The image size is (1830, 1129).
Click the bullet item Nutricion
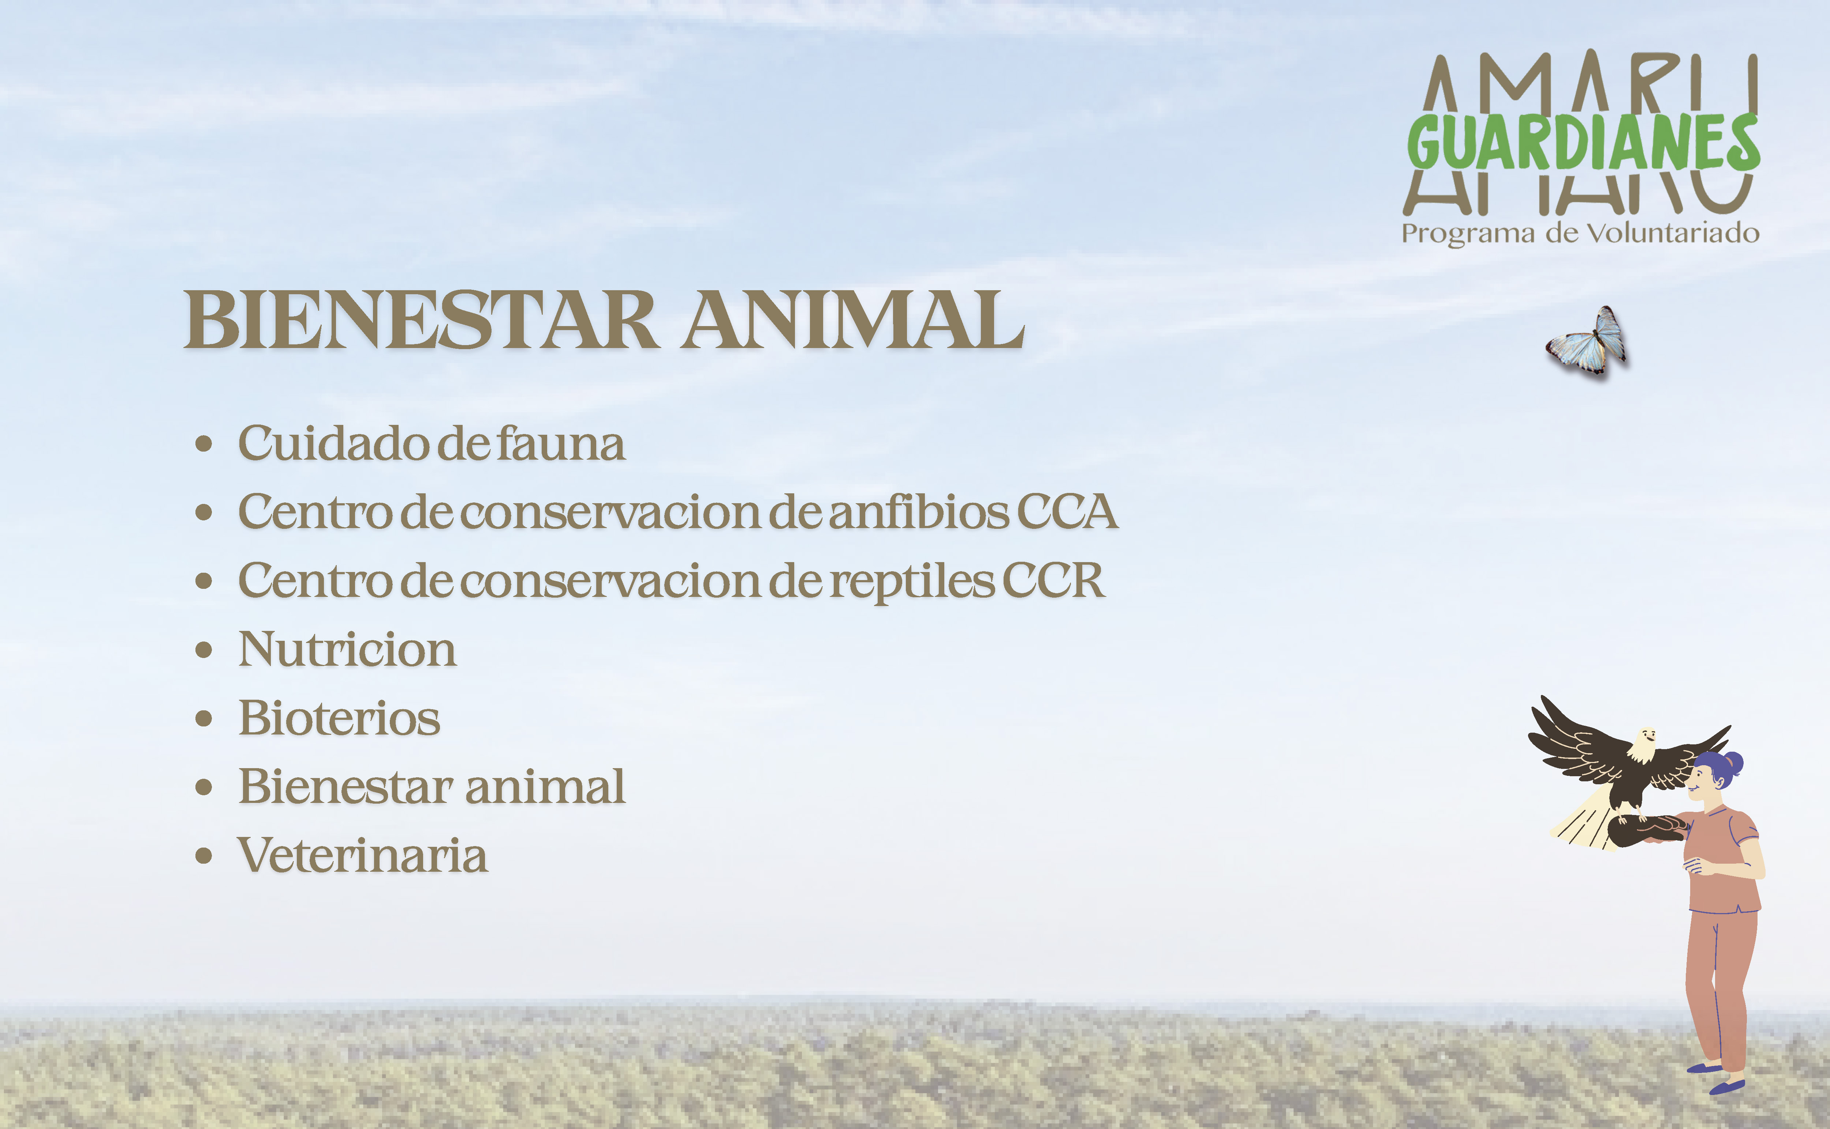click(x=347, y=649)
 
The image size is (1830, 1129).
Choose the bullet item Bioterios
click(x=339, y=718)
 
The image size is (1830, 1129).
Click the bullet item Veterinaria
click(x=362, y=855)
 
